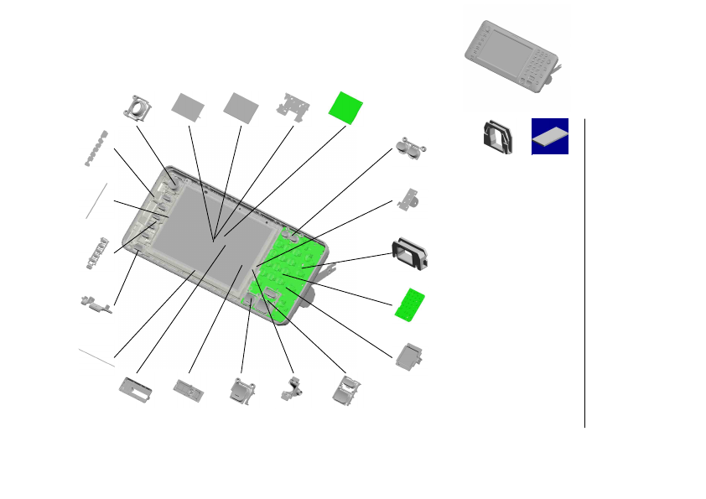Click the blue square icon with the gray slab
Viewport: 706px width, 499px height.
point(550,136)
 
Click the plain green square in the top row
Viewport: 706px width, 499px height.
point(346,107)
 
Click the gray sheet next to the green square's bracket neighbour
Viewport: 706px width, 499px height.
point(241,106)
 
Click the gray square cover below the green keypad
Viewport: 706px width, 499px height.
point(410,356)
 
